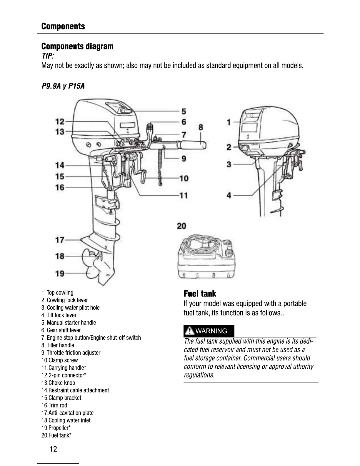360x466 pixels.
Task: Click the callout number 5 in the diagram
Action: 184,111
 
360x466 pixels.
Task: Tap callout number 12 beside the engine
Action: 60,121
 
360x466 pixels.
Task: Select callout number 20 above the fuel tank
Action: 181,226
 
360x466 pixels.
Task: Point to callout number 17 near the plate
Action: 60,240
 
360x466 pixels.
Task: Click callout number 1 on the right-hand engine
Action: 229,122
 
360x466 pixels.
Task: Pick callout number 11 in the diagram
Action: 184,195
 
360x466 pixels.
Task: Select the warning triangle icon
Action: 190,331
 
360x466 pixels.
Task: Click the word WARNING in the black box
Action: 211,331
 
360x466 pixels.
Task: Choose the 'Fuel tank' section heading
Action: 200,294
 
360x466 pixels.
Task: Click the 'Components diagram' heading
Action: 77,46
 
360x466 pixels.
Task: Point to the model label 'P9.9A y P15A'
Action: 63,86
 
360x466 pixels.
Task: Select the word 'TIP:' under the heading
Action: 48,56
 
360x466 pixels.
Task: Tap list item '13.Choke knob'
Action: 58,383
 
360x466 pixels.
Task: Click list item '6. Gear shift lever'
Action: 61,330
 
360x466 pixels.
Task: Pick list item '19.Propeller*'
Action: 56,428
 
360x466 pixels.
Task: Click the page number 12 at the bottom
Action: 54,449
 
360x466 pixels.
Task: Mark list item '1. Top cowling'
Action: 57,292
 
